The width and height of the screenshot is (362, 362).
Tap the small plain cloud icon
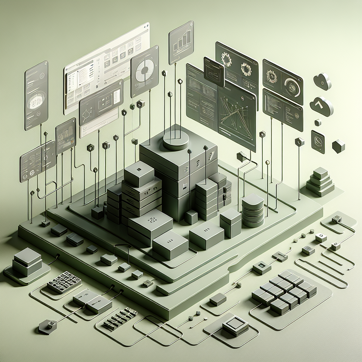pyautogui.click(x=323, y=81)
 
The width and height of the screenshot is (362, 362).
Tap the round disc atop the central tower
pyautogui.click(x=176, y=140)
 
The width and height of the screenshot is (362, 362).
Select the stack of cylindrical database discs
pyautogui.click(x=253, y=210)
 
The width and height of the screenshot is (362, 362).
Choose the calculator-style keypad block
pyautogui.click(x=64, y=282)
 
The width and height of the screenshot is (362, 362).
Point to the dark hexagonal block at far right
pyautogui.click(x=338, y=146)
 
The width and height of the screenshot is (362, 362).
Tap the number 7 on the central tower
pyautogui.click(x=212, y=156)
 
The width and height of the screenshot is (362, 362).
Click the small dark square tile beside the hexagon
pyautogui.click(x=317, y=141)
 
